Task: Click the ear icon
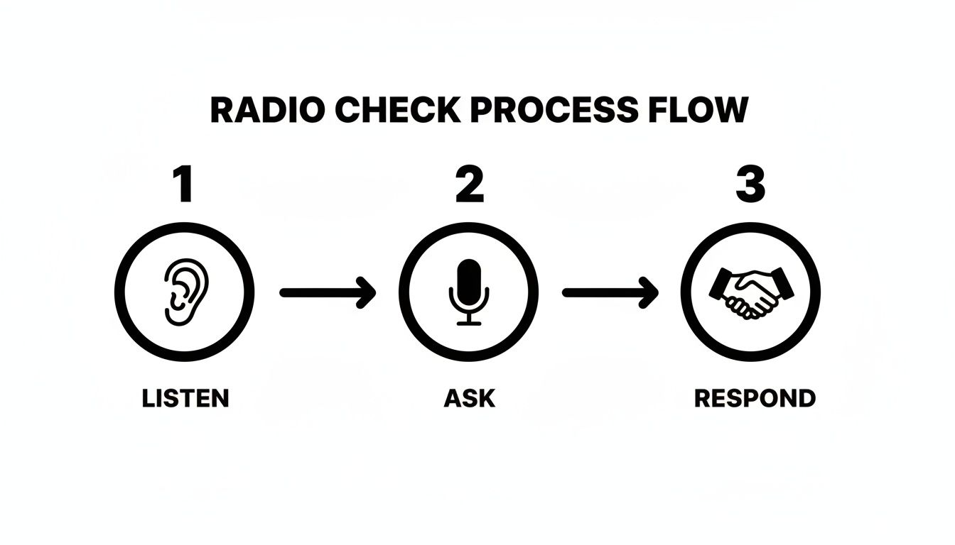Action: [x=185, y=292]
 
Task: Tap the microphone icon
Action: [x=468, y=292]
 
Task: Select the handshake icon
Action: [x=751, y=292]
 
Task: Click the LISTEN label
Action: [x=185, y=398]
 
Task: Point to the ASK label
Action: [x=469, y=398]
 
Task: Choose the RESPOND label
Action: [x=755, y=398]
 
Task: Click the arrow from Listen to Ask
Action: [x=327, y=292]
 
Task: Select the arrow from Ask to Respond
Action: [x=610, y=292]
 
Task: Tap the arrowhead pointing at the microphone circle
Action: [x=367, y=292]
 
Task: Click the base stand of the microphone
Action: [x=468, y=323]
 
